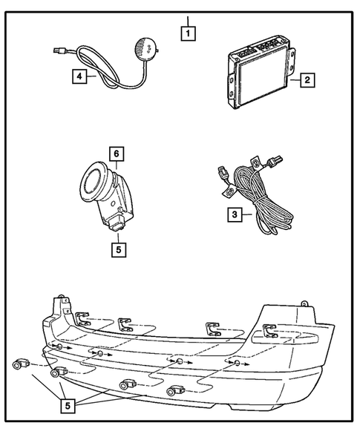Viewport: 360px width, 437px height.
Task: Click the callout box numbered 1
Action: click(x=190, y=33)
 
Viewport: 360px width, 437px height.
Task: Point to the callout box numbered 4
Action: click(x=78, y=75)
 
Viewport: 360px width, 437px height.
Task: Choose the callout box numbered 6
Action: click(x=116, y=154)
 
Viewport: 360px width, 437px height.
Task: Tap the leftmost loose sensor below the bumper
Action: click(x=20, y=364)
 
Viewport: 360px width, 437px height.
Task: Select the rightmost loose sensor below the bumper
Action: click(x=175, y=390)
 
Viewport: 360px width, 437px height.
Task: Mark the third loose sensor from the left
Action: click(x=126, y=384)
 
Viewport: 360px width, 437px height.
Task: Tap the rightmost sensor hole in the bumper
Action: click(x=235, y=364)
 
